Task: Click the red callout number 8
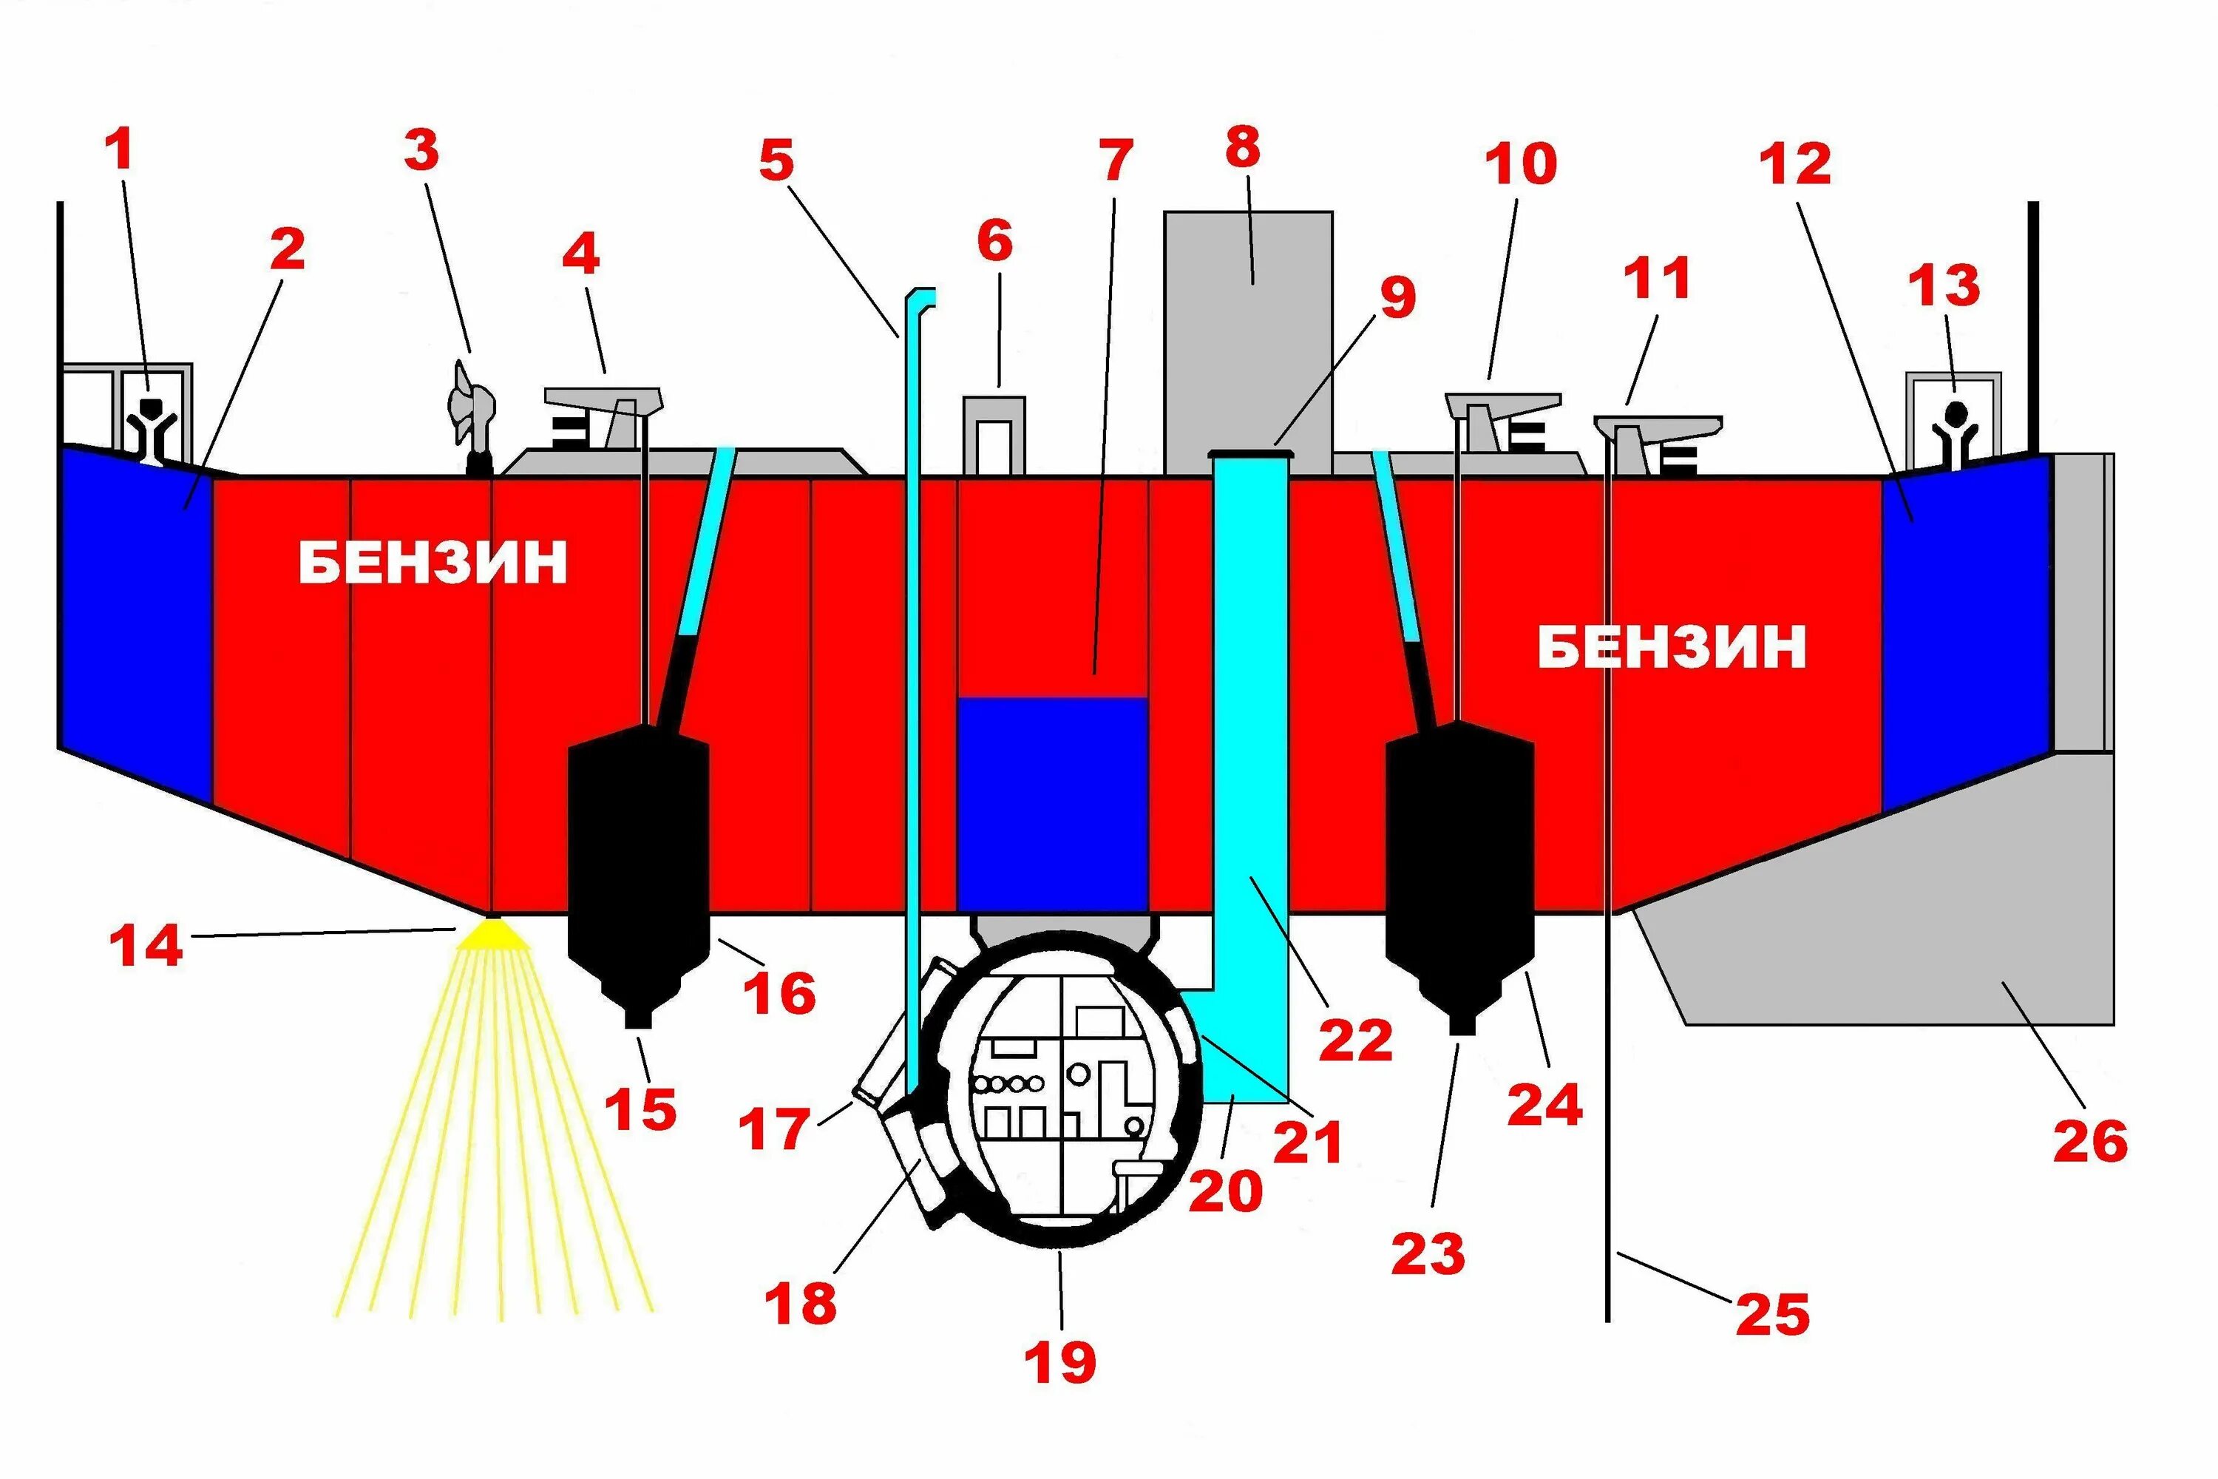pyautogui.click(x=1242, y=148)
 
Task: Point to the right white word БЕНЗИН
pyautogui.click(x=1671, y=647)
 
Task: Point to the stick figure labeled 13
pyautogui.click(x=1954, y=434)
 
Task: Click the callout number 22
pyautogui.click(x=1355, y=1040)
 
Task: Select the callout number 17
pyautogui.click(x=773, y=1128)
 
